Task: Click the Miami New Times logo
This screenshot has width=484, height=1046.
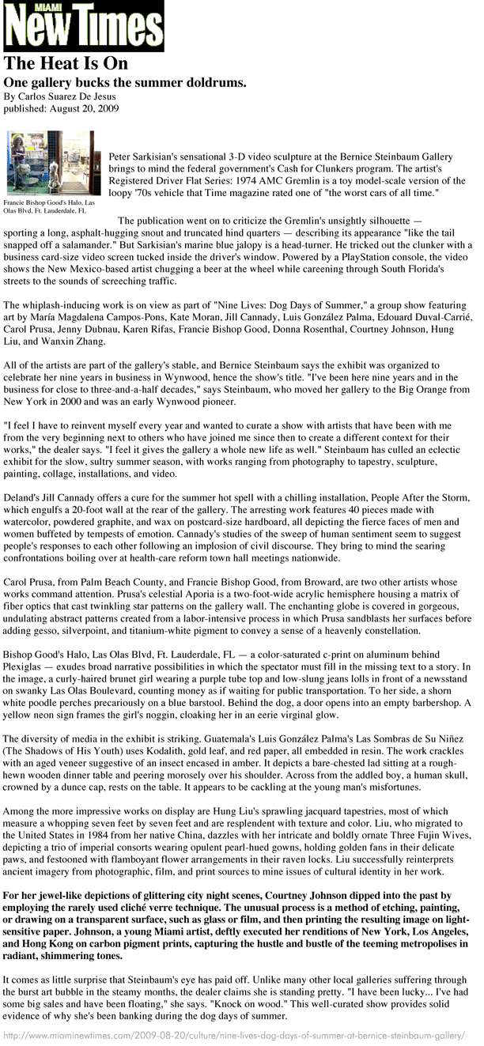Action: point(84,26)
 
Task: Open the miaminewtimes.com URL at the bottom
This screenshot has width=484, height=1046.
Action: point(238,1036)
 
